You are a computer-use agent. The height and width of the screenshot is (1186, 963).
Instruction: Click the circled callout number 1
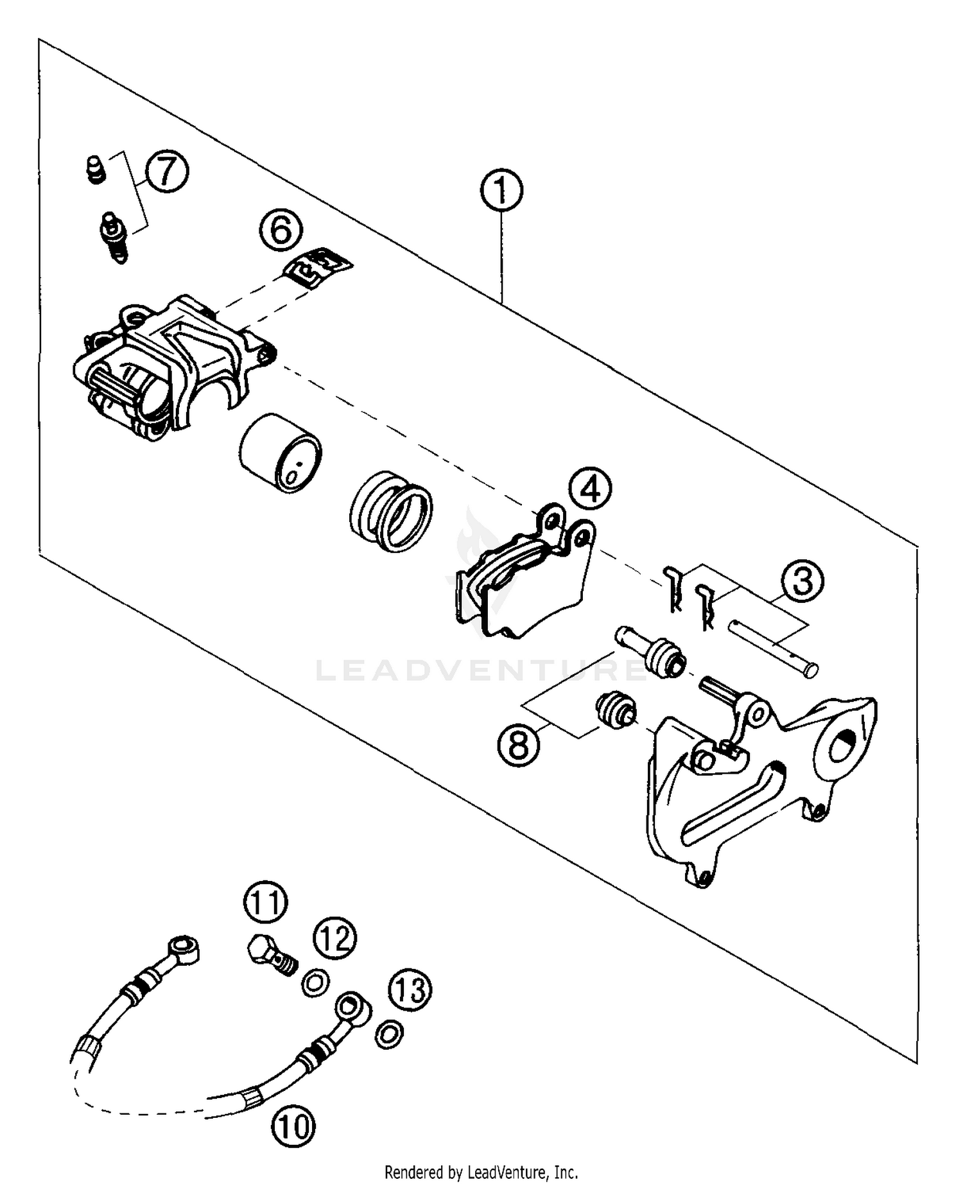click(501, 190)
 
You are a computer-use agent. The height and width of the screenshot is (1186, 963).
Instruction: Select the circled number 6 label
click(281, 230)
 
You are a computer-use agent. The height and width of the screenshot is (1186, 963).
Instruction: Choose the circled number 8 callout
click(518, 745)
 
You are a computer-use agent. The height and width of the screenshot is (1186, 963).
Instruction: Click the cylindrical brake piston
click(281, 453)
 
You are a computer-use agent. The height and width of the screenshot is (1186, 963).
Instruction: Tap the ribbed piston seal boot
click(392, 510)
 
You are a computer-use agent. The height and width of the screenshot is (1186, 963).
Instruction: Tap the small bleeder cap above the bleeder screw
click(95, 170)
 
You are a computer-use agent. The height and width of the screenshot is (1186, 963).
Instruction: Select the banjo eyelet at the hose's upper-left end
click(183, 946)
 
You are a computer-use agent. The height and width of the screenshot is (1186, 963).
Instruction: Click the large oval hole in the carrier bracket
click(842, 747)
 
